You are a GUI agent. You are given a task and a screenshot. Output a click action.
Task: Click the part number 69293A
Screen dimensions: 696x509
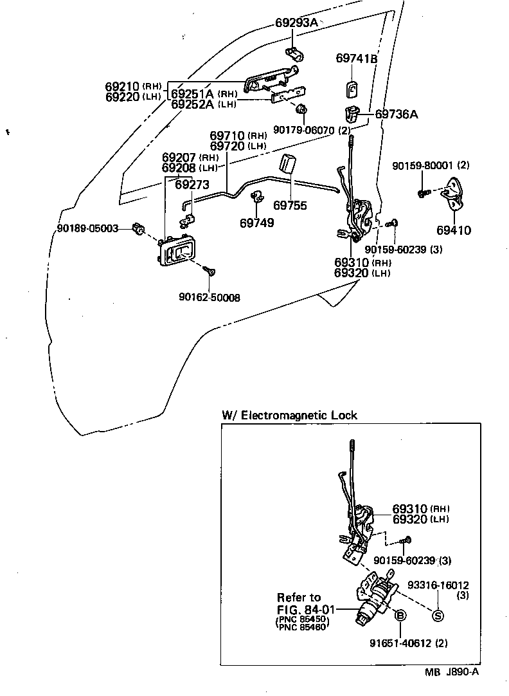coord(296,23)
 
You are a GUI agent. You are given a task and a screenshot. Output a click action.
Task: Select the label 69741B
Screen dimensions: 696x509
coord(356,59)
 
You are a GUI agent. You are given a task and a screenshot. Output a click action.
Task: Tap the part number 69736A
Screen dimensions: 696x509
coord(397,114)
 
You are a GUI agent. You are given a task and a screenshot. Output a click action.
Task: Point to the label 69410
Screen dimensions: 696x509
coord(454,230)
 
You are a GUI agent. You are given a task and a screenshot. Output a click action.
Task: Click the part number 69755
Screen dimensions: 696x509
coord(290,206)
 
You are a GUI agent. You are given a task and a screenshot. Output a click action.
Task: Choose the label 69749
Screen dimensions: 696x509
coord(256,223)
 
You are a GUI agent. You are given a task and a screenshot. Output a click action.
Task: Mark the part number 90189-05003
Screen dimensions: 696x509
coord(87,228)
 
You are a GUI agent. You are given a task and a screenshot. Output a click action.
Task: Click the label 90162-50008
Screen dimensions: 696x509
coord(205,297)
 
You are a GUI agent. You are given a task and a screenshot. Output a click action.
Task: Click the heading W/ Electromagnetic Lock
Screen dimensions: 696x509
coord(289,416)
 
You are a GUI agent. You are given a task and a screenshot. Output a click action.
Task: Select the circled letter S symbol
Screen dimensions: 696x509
coord(438,616)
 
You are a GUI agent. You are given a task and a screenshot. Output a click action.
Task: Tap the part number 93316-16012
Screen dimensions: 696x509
coord(438,585)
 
